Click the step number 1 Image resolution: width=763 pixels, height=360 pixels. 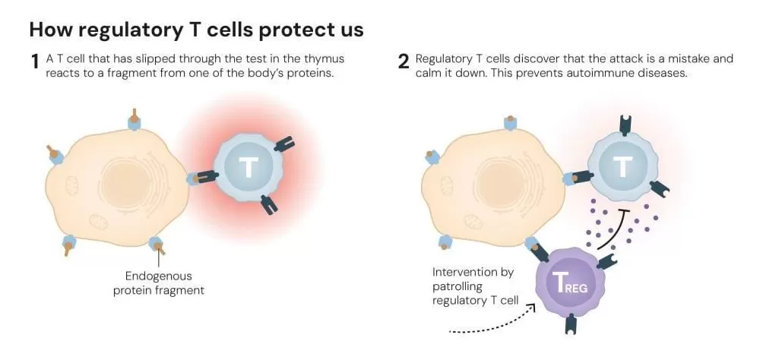34,63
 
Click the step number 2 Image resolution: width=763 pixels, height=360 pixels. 404,63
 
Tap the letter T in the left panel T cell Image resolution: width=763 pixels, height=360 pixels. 249,166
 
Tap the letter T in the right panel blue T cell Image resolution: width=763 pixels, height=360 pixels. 622,166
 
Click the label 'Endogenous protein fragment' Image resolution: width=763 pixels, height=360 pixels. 159,283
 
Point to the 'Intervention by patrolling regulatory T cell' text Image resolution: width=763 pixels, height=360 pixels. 475,286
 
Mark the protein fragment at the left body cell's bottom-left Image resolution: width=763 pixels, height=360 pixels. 67,245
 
